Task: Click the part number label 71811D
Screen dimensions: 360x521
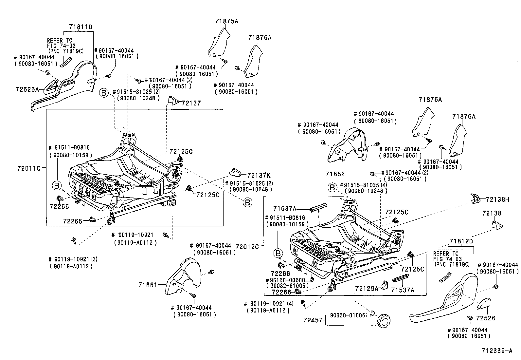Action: pyautogui.click(x=81, y=27)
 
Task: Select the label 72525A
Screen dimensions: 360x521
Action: pyautogui.click(x=27, y=89)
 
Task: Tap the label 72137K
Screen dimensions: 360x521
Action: pyautogui.click(x=259, y=175)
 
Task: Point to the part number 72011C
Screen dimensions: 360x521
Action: pyautogui.click(x=29, y=168)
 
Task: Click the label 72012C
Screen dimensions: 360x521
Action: pyautogui.click(x=247, y=247)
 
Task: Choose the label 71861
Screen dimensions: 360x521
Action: pyautogui.click(x=148, y=285)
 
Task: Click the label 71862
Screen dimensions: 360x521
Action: pyautogui.click(x=335, y=174)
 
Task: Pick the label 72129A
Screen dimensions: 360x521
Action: pyautogui.click(x=367, y=289)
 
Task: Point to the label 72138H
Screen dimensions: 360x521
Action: pyautogui.click(x=498, y=199)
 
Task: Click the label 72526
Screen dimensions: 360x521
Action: pyautogui.click(x=486, y=318)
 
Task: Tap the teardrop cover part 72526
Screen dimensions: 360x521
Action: pyautogui.click(x=483, y=304)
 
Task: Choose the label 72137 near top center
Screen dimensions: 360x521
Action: pyautogui.click(x=191, y=103)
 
